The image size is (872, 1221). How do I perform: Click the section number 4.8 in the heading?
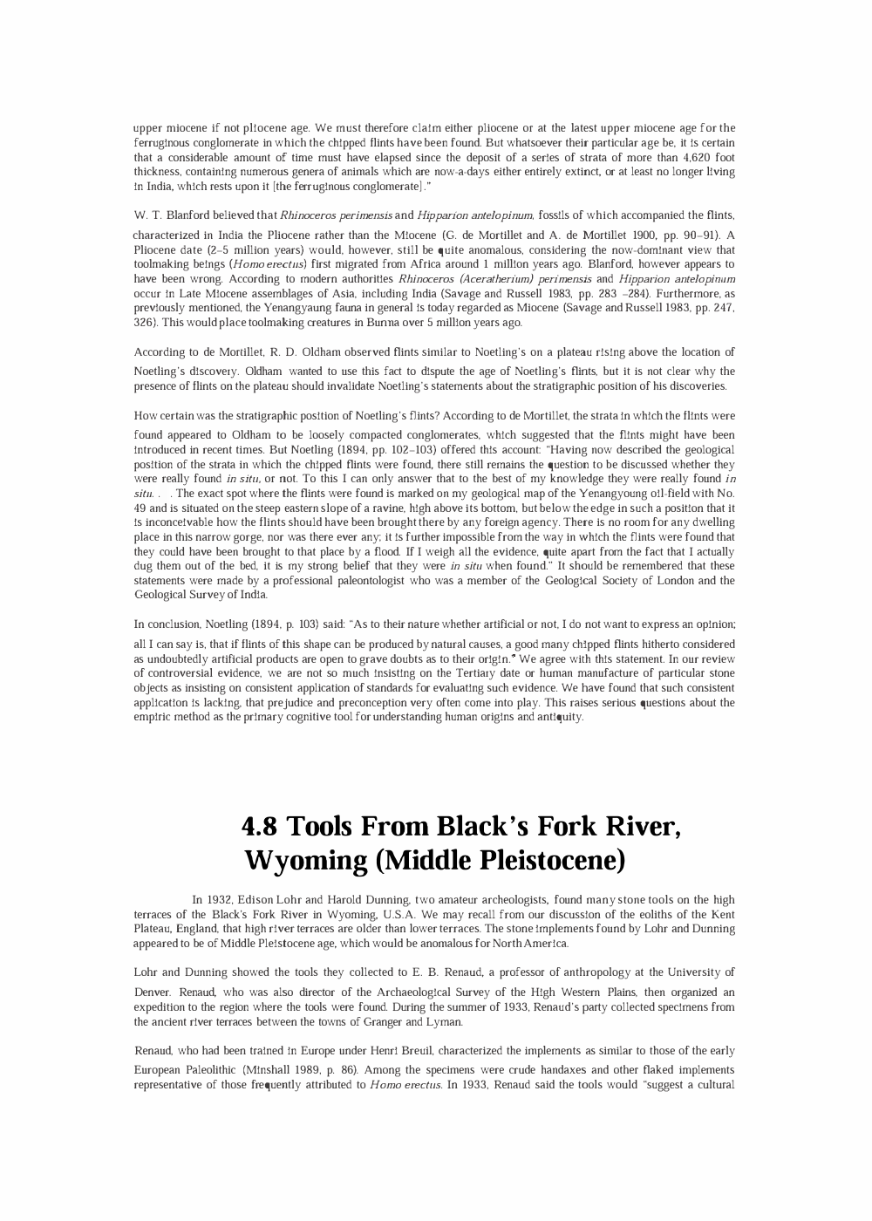pyautogui.click(x=259, y=825)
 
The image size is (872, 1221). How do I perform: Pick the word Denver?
pyautogui.click(x=154, y=992)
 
